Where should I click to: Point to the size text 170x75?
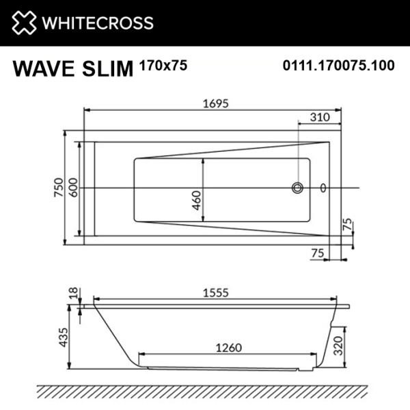pos(163,66)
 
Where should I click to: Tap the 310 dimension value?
pos(320,117)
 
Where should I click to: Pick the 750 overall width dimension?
pos(59,187)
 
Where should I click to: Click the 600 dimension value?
pos(73,187)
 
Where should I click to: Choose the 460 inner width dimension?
pos(197,200)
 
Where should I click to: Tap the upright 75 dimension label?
pos(316,252)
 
